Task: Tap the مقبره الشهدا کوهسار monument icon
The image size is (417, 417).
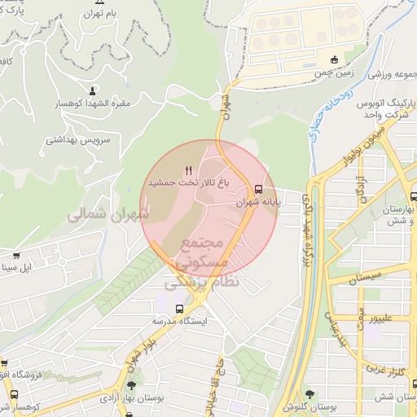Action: [x=92, y=90]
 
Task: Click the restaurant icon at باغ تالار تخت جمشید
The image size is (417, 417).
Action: [x=189, y=170]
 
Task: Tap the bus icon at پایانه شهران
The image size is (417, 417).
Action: [x=259, y=188]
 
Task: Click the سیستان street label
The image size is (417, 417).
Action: [x=365, y=279]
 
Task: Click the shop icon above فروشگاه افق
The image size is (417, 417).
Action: [x=4, y=363]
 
